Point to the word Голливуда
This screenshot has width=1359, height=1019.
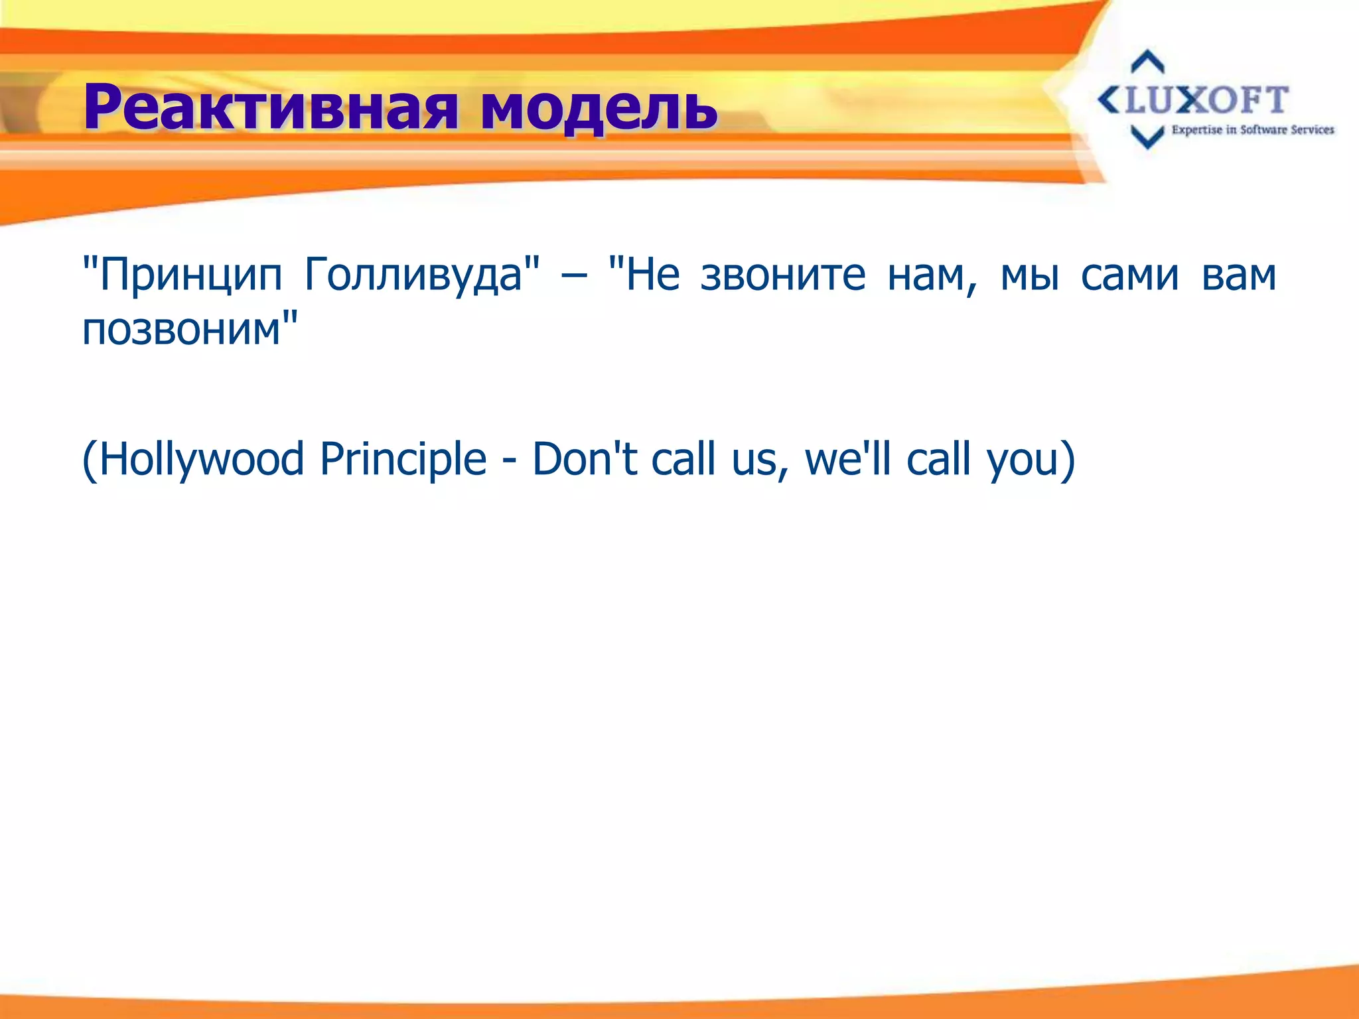click(415, 275)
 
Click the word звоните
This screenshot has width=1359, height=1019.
click(783, 275)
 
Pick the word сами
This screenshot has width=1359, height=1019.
click(1129, 275)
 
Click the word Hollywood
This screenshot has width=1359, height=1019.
click(199, 459)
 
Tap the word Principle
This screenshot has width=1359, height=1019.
click(403, 459)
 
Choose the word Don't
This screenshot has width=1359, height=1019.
click(584, 459)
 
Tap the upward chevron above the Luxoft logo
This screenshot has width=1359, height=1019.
click(1147, 61)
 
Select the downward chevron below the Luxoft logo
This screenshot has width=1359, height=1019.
click(1147, 137)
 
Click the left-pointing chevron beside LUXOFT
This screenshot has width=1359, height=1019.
click(1109, 101)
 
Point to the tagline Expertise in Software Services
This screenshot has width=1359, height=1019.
click(1252, 130)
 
